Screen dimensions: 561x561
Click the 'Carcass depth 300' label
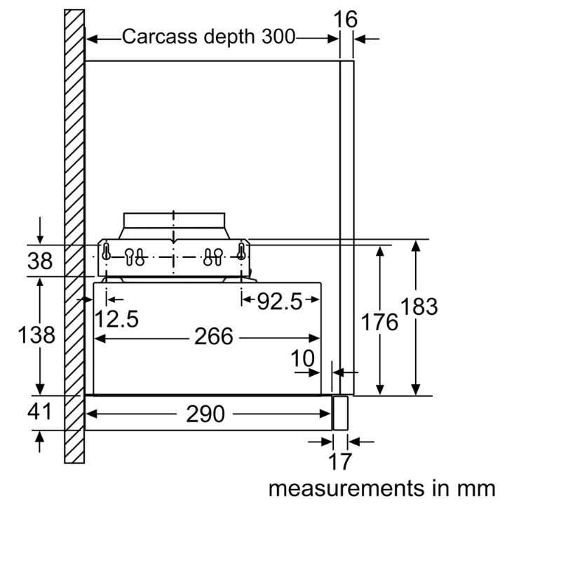click(x=209, y=36)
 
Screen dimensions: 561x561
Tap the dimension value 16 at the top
click(x=346, y=19)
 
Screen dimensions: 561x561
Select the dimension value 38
click(x=40, y=261)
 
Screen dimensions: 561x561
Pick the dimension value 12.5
click(x=116, y=319)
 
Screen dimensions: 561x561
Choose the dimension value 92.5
click(x=279, y=302)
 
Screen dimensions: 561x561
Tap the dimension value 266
click(x=213, y=337)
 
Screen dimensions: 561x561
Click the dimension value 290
click(x=205, y=414)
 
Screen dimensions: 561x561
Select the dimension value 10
click(x=303, y=358)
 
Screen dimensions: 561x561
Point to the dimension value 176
click(x=379, y=322)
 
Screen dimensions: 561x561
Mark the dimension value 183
click(x=419, y=306)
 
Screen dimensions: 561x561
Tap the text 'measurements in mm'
click(x=381, y=488)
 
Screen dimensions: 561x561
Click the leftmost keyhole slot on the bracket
click(x=105, y=250)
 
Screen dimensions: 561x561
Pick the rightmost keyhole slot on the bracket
click(x=241, y=250)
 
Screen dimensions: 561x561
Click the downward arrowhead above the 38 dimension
click(x=41, y=238)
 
